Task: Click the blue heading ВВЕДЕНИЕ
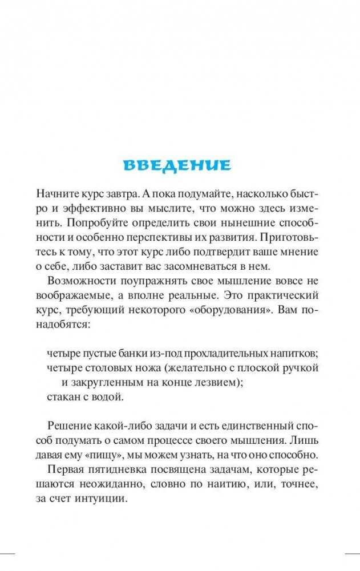click(177, 165)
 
